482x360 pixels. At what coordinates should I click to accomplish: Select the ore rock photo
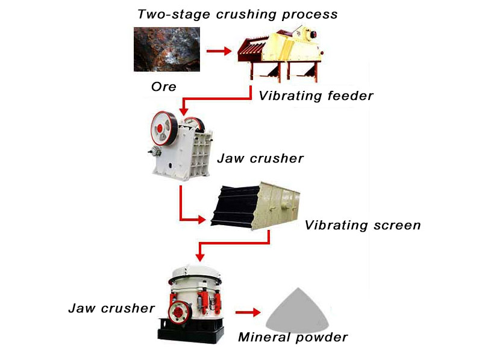[166, 49]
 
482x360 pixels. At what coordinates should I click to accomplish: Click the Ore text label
[163, 87]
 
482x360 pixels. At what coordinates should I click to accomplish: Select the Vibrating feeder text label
[316, 96]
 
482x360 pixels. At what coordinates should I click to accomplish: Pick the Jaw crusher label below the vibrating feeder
[261, 159]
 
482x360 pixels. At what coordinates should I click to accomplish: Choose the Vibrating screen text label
[362, 226]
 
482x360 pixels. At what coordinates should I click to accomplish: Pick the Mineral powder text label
[293, 337]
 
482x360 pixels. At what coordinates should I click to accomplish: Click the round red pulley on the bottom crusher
[178, 311]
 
